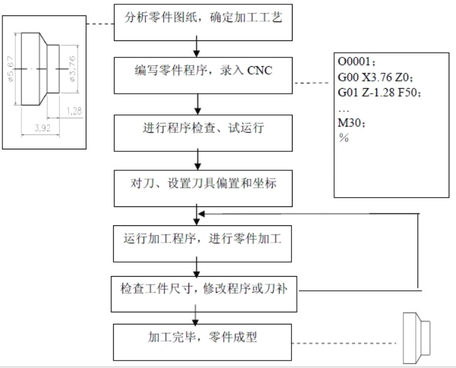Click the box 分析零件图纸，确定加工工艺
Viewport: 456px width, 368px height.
[x=195, y=22]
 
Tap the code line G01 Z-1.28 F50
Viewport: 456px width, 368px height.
[x=379, y=92]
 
